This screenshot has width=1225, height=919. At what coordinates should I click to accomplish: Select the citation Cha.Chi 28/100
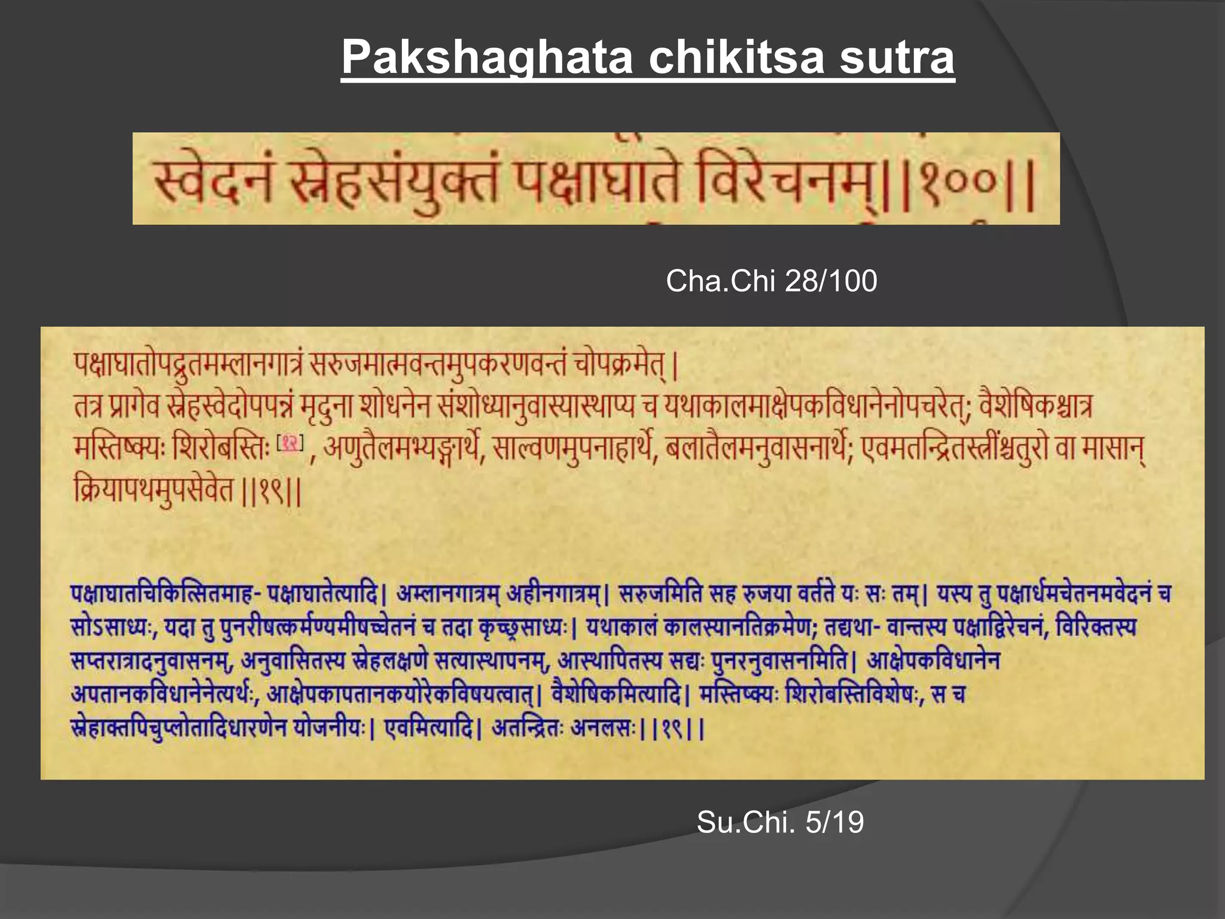(x=771, y=281)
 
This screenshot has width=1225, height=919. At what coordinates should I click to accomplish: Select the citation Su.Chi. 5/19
(x=780, y=821)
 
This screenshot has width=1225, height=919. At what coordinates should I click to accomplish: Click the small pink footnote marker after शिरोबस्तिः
(x=291, y=443)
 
